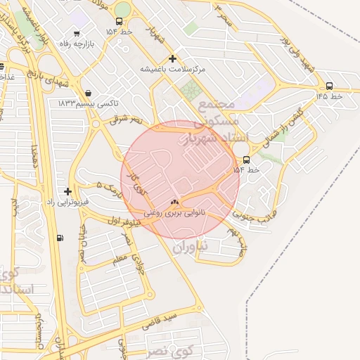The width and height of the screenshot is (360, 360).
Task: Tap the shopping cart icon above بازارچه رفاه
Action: pyautogui.click(x=76, y=32)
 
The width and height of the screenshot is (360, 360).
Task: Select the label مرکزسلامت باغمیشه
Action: pyautogui.click(x=173, y=70)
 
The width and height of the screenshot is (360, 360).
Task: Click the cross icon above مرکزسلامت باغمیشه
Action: pyautogui.click(x=173, y=58)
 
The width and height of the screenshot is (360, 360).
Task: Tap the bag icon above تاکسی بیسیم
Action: pyautogui.click(x=87, y=93)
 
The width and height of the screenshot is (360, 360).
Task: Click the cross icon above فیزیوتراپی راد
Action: pyautogui.click(x=67, y=191)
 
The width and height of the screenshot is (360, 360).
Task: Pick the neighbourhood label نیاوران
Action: pyautogui.click(x=191, y=247)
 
